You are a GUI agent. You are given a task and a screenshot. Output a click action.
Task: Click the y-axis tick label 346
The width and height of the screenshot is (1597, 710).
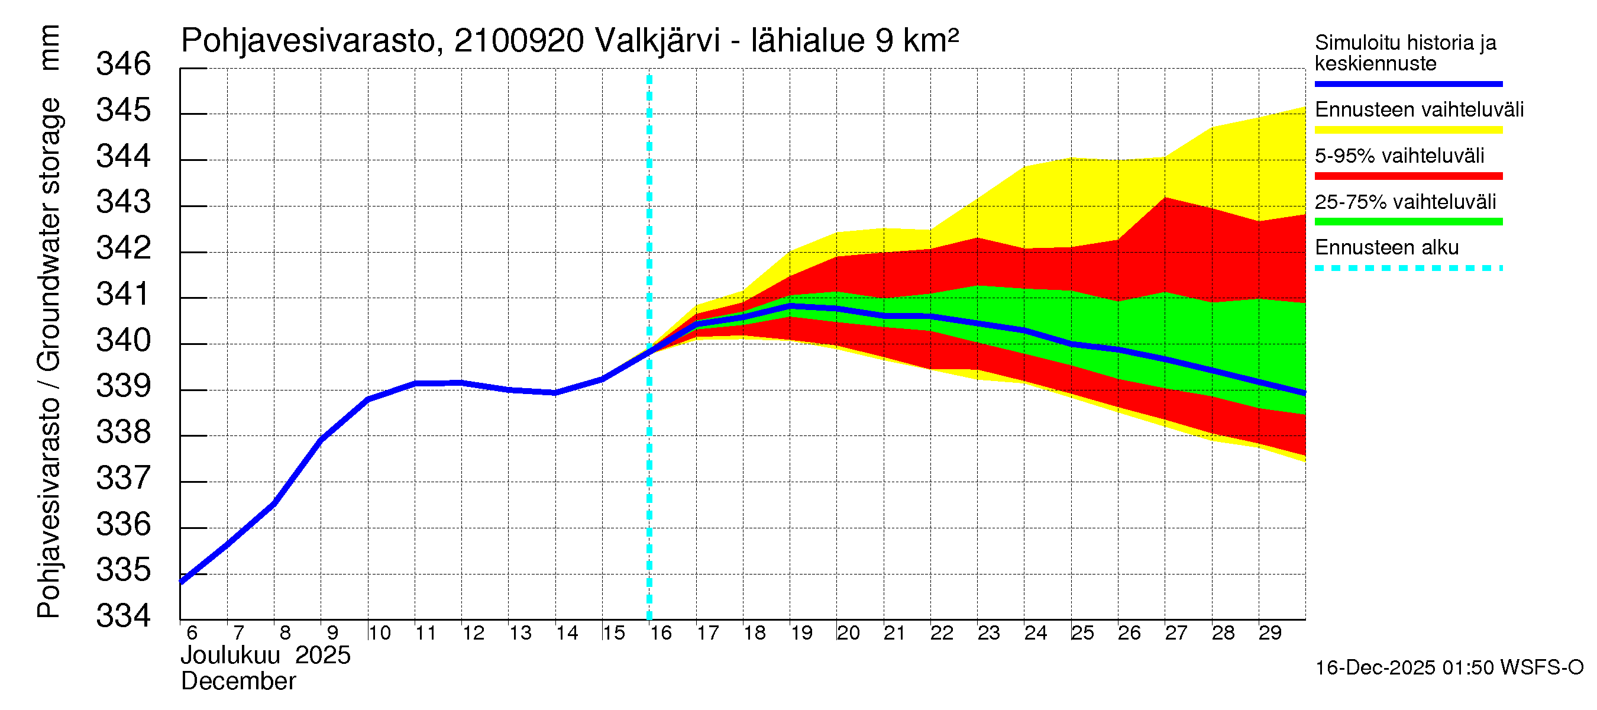click(x=124, y=64)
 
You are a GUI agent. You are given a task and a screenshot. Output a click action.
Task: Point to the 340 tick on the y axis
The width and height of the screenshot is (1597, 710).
click(x=124, y=341)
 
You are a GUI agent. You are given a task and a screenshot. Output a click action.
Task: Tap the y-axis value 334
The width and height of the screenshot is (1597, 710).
click(x=124, y=617)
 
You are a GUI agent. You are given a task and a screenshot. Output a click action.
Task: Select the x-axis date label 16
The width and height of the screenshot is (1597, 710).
click(x=661, y=633)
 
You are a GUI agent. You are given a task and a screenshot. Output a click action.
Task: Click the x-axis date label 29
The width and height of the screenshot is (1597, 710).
click(x=1270, y=633)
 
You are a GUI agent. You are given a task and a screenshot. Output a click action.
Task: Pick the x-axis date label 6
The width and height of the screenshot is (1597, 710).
click(x=192, y=633)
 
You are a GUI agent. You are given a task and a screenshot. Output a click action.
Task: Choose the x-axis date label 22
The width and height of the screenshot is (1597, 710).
click(x=942, y=633)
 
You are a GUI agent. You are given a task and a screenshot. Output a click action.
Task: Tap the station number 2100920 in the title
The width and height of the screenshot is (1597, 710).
click(x=519, y=41)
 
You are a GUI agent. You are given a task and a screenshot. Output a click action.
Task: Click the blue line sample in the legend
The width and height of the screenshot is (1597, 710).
click(x=1408, y=83)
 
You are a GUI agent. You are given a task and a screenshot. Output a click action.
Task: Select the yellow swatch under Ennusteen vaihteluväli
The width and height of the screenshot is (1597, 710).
click(x=1408, y=130)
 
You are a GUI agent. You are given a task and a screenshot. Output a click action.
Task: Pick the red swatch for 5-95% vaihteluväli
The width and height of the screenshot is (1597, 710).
click(x=1408, y=176)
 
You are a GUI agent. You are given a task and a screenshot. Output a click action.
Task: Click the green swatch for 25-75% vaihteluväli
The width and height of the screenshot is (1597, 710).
click(x=1408, y=222)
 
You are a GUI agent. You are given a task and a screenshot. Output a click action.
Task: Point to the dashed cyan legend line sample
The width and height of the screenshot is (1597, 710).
click(x=1408, y=269)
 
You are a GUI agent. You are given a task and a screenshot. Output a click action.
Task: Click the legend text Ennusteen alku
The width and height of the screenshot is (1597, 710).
click(x=1386, y=248)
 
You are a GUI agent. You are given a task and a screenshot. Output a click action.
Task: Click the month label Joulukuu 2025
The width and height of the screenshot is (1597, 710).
click(x=266, y=656)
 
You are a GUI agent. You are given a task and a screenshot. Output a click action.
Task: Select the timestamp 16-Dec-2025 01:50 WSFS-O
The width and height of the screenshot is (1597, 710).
click(x=1449, y=668)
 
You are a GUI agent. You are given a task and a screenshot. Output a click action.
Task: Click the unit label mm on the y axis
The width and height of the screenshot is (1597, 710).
click(x=49, y=48)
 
